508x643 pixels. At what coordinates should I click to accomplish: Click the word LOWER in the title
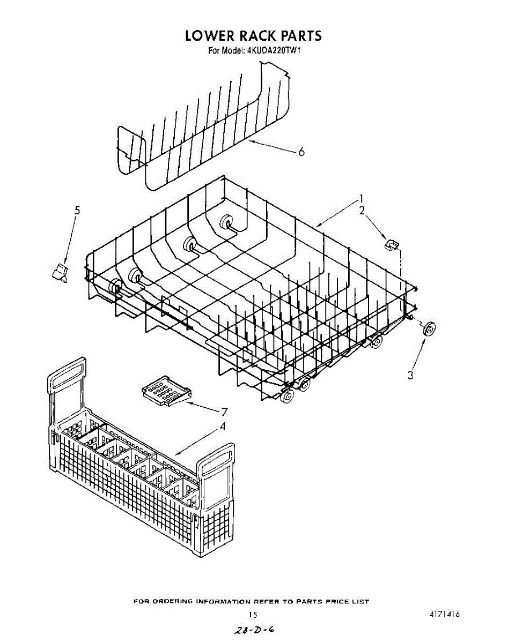pyautogui.click(x=210, y=36)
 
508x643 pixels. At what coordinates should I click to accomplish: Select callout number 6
pyautogui.click(x=301, y=152)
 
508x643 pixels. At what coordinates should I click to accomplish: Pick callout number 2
pyautogui.click(x=362, y=211)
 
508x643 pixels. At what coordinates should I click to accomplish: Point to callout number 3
pyautogui.click(x=410, y=375)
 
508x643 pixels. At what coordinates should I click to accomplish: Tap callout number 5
pyautogui.click(x=77, y=211)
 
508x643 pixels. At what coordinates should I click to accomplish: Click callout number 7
pyautogui.click(x=224, y=412)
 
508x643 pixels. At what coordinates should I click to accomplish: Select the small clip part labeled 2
pyautogui.click(x=392, y=245)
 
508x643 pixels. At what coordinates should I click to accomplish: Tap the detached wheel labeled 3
pyautogui.click(x=428, y=330)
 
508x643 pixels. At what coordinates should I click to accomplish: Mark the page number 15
pyautogui.click(x=253, y=615)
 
